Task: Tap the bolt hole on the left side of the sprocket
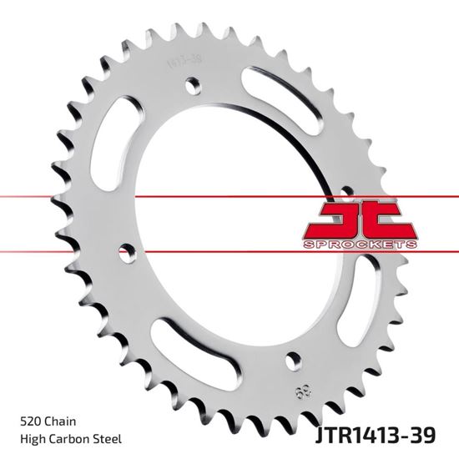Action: click(x=128, y=248)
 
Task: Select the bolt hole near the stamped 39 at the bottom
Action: click(x=291, y=361)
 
